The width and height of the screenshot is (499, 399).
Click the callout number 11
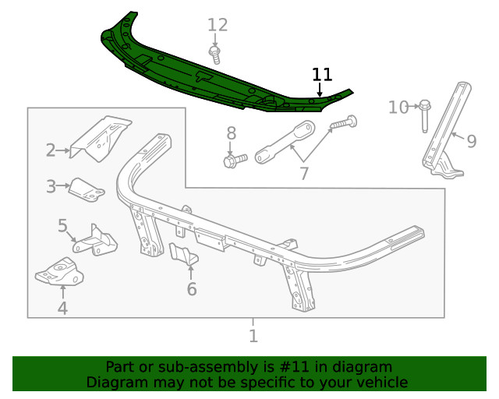tap(322, 75)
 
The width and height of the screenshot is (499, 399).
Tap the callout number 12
tap(218, 25)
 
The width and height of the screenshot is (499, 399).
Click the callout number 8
tap(231, 132)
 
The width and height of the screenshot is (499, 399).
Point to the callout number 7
tap(304, 173)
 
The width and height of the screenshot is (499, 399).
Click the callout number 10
tap(398, 107)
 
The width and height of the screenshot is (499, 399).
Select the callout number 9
tap(471, 141)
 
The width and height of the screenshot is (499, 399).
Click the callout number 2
tap(51, 150)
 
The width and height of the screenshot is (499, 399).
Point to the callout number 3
tap(51, 186)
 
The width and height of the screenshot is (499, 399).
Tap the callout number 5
tap(62, 226)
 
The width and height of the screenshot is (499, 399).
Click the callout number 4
tap(62, 309)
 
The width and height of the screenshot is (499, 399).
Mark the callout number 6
tap(191, 290)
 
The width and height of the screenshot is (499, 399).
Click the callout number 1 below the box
tap(253, 336)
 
